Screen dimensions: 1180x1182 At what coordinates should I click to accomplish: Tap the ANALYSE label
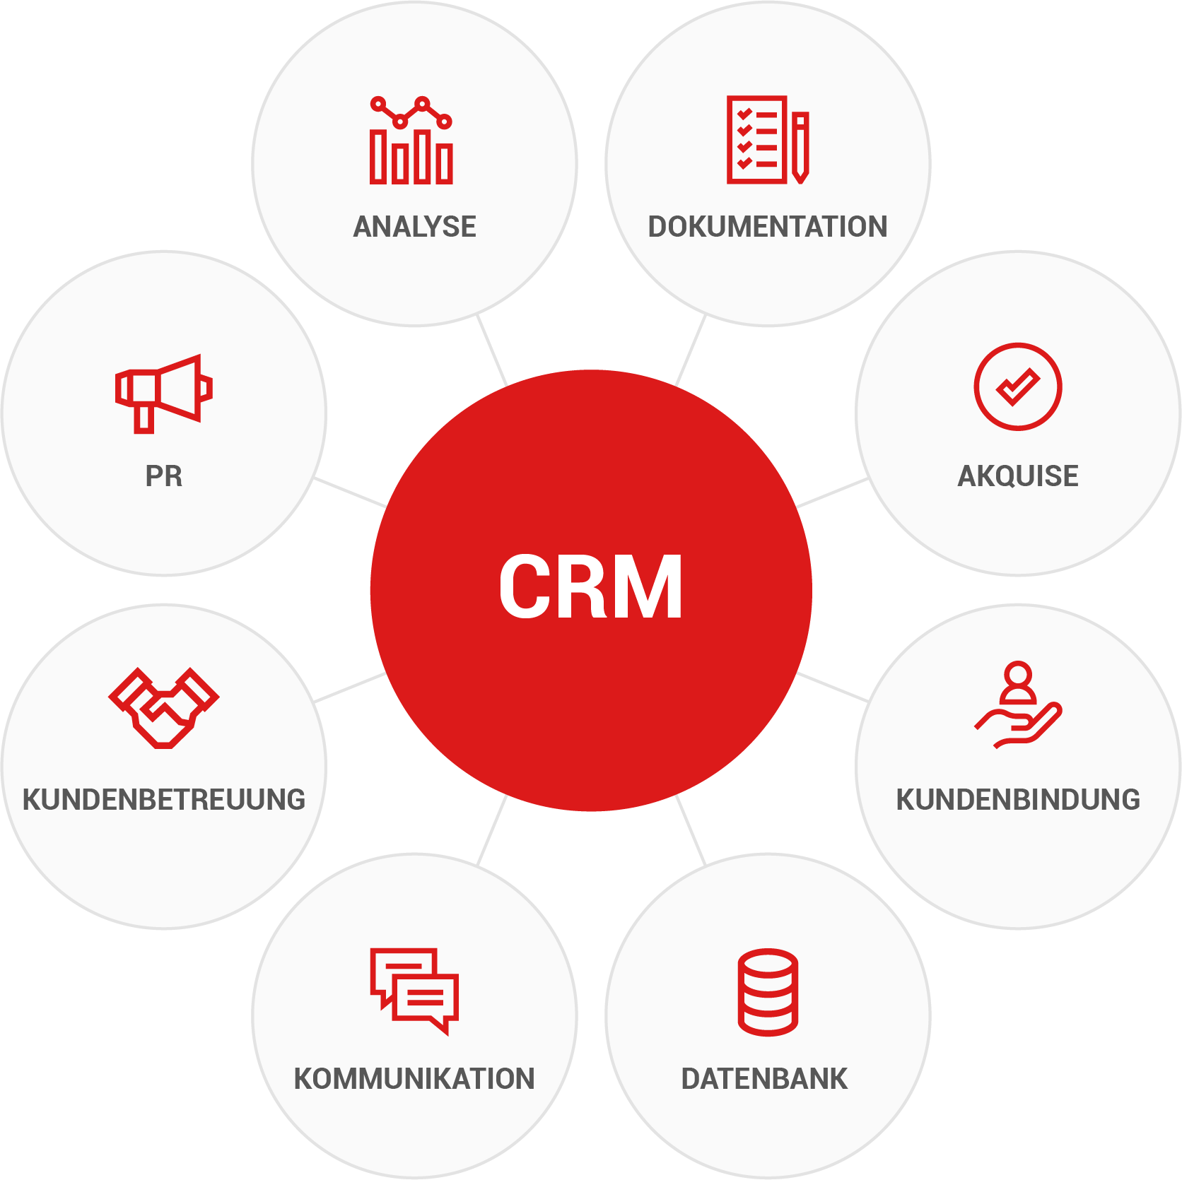[415, 227]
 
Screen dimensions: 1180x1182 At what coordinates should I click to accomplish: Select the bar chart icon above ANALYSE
[411, 141]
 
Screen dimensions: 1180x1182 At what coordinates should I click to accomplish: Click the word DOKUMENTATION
[768, 227]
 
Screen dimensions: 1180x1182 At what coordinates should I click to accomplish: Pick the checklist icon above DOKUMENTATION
[757, 140]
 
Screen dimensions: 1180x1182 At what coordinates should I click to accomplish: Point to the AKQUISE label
[1018, 476]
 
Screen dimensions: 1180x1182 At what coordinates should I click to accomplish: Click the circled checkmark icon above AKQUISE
[1017, 387]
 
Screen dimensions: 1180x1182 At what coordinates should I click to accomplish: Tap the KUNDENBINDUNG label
[1018, 800]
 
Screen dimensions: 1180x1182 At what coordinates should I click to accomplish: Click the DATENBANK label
[764, 1079]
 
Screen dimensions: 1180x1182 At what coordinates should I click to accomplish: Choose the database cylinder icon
[768, 992]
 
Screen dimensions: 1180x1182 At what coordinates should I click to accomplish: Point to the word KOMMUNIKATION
[414, 1079]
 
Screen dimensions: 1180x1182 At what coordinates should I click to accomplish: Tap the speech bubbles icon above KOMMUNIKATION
[415, 990]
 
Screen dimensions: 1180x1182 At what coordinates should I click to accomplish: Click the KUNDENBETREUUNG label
[164, 800]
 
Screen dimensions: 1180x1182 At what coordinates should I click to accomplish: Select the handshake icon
[164, 707]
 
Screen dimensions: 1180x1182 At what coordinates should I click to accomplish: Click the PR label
[164, 476]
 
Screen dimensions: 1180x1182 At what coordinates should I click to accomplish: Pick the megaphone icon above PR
[164, 393]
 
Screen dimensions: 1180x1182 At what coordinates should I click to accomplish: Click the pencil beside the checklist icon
[800, 147]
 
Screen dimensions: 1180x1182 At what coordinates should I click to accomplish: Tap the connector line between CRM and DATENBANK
[691, 831]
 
